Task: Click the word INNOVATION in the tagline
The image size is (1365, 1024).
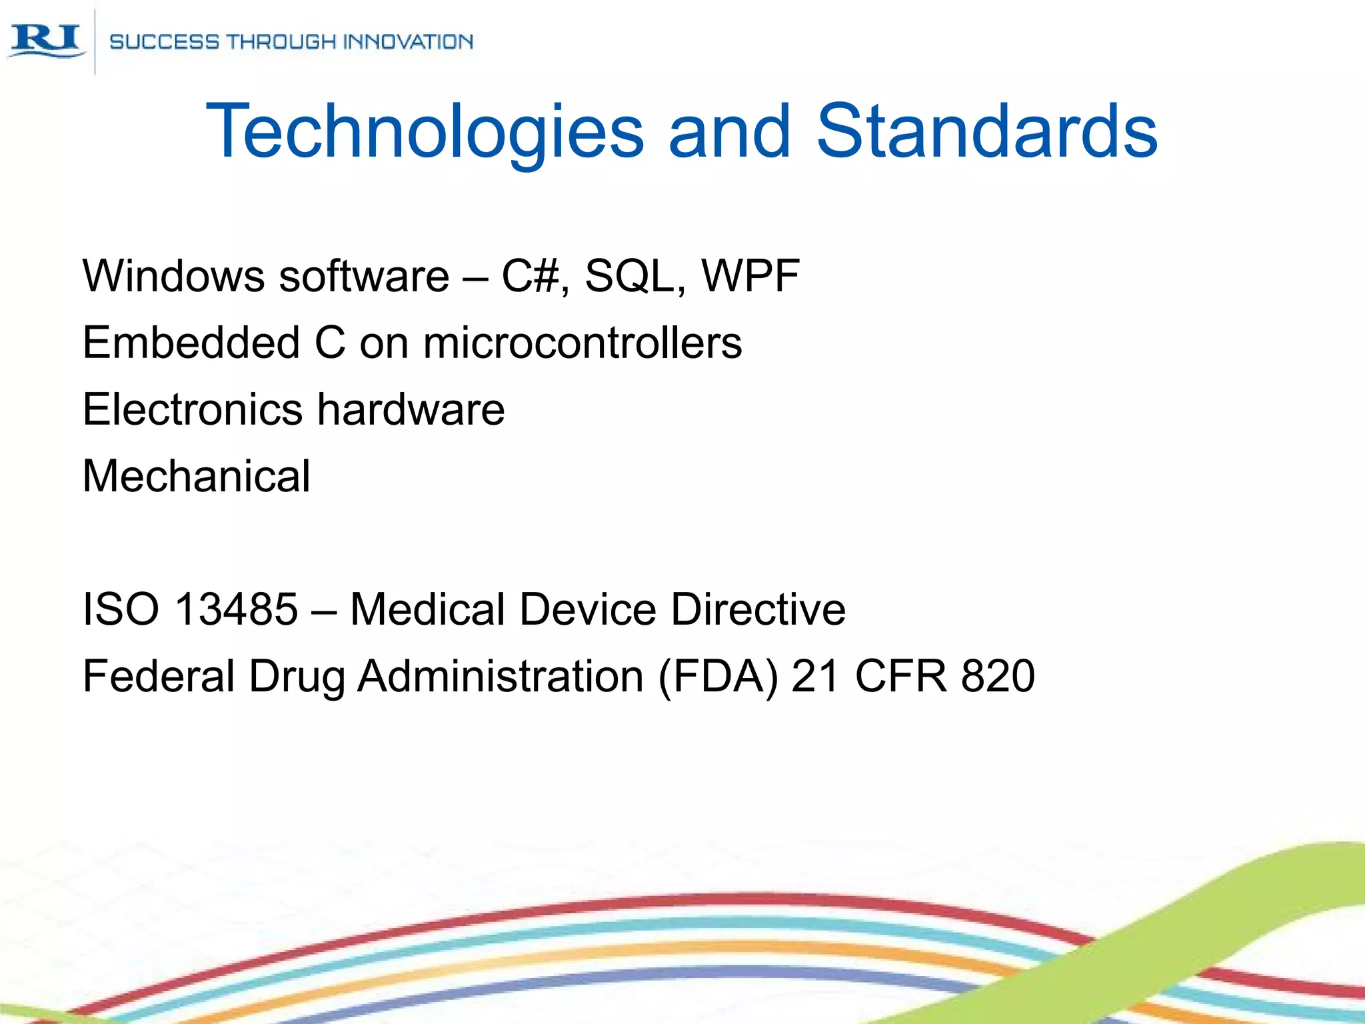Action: pos(407,42)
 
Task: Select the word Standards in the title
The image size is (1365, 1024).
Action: pos(987,131)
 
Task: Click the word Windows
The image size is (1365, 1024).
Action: pos(173,276)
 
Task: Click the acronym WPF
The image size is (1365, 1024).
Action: pos(750,276)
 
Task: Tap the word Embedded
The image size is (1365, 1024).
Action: pos(191,343)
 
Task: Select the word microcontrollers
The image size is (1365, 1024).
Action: pos(583,343)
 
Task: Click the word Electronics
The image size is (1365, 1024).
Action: pos(193,409)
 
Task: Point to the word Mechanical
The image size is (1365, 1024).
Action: pos(197,476)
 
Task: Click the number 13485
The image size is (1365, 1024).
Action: pos(236,609)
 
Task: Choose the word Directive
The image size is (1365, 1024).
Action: pos(758,609)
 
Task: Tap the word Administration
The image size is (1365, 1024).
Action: pos(500,676)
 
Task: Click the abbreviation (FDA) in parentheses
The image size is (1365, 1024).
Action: pos(718,676)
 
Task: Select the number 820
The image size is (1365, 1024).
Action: pos(998,676)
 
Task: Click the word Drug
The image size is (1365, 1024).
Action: pos(297,677)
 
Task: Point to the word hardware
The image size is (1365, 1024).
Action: pos(411,409)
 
